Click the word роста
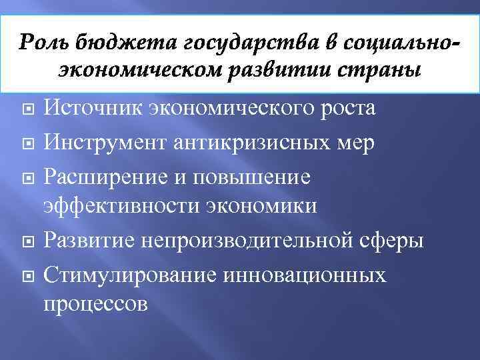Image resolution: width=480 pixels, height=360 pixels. [346, 107]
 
